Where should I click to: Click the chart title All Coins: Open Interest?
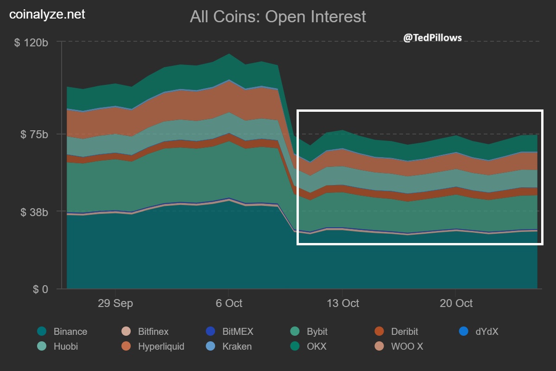[278, 17]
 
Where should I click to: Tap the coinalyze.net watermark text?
[47, 14]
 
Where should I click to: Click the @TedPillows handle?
[432, 38]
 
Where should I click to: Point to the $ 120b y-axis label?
[32, 43]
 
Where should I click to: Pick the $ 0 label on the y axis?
[40, 289]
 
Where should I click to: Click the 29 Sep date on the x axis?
[115, 303]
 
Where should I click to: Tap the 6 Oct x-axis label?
[228, 303]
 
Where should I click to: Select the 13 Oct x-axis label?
[342, 303]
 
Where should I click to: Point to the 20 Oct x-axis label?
[456, 303]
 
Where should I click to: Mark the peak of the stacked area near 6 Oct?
[228, 54]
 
